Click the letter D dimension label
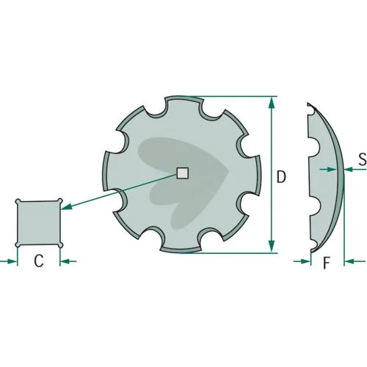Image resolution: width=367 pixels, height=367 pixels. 281,177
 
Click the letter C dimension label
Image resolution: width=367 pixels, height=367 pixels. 39,261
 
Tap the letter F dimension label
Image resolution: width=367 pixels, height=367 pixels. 327,263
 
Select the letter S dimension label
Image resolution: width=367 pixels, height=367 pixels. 363,159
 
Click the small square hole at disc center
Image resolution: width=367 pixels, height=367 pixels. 183,173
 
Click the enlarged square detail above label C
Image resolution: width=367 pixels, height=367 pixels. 39,222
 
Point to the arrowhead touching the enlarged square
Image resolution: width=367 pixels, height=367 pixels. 66,207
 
